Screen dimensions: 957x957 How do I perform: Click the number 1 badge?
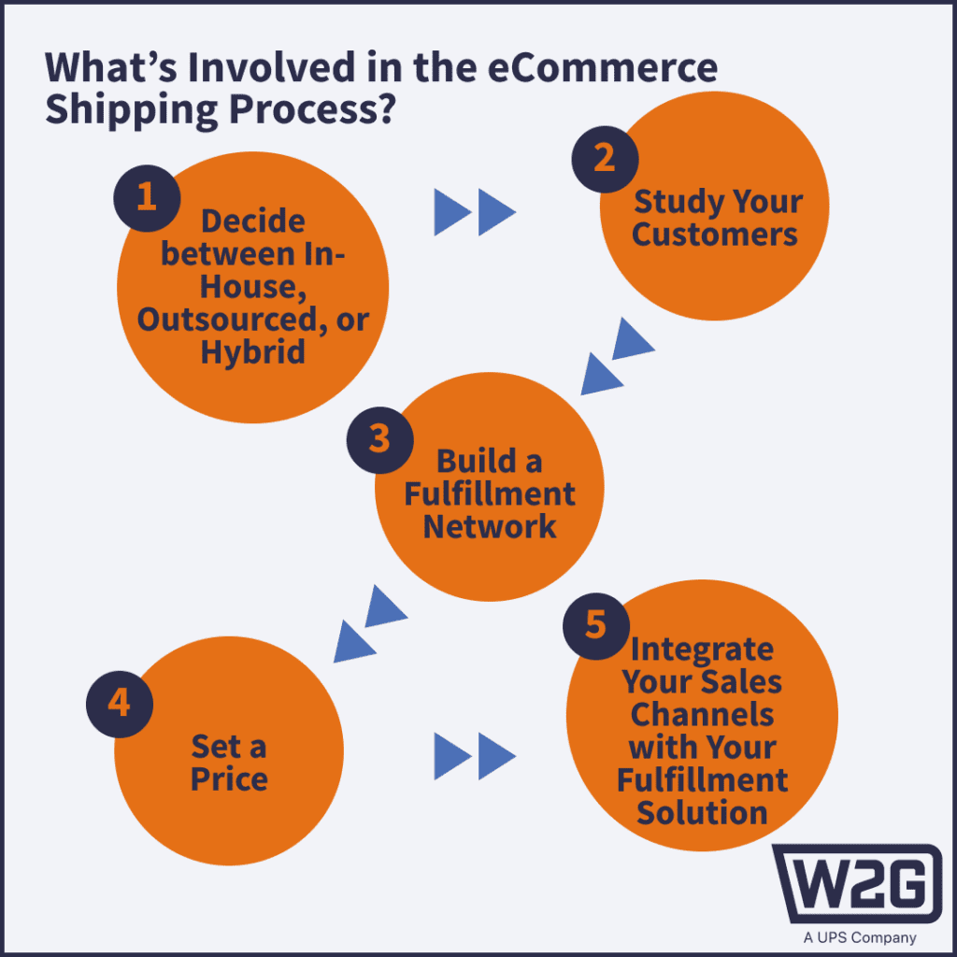tap(147, 198)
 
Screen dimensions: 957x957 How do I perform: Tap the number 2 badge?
tap(605, 159)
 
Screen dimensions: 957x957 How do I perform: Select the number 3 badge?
tap(379, 440)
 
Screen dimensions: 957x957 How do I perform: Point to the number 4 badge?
tap(120, 705)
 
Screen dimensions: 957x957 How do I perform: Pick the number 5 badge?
tap(596, 626)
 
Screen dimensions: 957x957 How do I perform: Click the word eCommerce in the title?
tap(603, 66)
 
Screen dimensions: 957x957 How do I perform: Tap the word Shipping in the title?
tap(131, 110)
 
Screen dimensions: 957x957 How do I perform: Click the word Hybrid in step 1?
tap(252, 352)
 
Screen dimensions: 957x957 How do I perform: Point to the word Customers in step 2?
tap(715, 235)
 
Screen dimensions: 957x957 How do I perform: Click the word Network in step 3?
tap(490, 526)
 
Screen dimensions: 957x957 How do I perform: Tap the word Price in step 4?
tap(229, 778)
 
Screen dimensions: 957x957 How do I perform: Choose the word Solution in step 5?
tap(702, 813)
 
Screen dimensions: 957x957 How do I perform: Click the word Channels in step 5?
tap(702, 714)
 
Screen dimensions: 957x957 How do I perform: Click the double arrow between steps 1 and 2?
tap(475, 212)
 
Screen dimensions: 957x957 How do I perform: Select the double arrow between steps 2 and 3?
tap(618, 356)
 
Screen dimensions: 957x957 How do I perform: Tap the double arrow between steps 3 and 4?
tap(370, 623)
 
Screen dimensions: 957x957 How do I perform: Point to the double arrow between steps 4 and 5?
tap(475, 756)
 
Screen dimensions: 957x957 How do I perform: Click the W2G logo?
tap(858, 884)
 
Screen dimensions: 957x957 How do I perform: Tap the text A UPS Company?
tap(860, 937)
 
